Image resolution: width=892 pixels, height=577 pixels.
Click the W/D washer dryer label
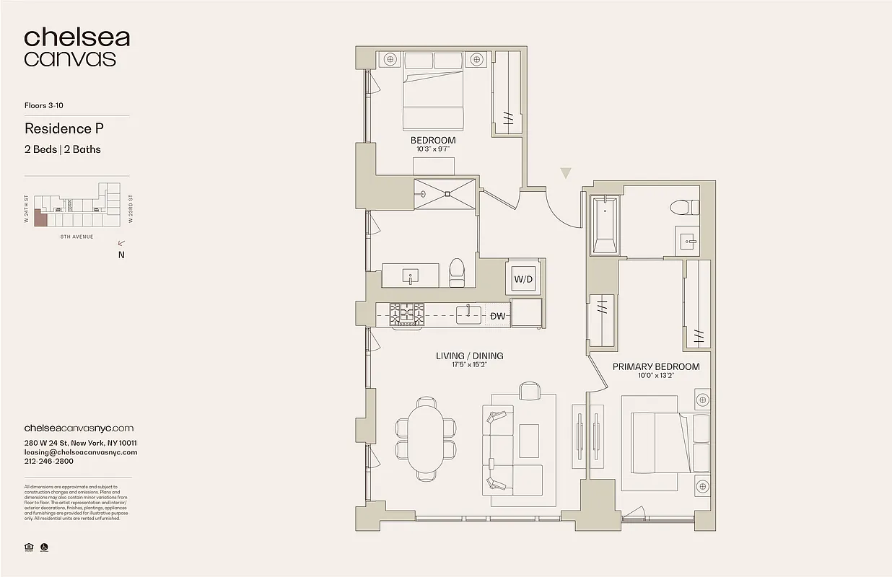pyautogui.click(x=523, y=279)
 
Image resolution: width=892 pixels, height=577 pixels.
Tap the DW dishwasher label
pyautogui.click(x=497, y=316)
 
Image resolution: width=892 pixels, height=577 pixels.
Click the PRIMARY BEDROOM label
pyautogui.click(x=655, y=366)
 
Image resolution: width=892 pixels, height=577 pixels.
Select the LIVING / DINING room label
pyautogui.click(x=469, y=356)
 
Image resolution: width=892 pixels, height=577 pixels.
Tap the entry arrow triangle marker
pyautogui.click(x=566, y=173)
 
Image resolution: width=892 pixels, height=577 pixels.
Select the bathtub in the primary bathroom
pyautogui.click(x=604, y=225)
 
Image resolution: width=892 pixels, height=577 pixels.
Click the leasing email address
pyautogui.click(x=80, y=452)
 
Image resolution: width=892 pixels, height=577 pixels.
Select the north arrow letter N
pyautogui.click(x=121, y=254)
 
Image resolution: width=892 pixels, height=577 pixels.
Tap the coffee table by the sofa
pyautogui.click(x=528, y=441)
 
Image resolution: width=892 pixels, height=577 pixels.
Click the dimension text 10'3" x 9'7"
pyautogui.click(x=433, y=149)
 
